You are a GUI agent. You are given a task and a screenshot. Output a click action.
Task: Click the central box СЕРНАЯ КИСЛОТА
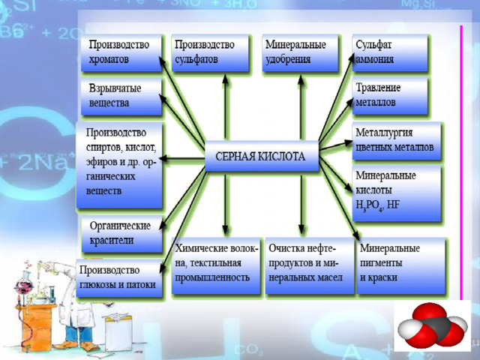tap(262, 156)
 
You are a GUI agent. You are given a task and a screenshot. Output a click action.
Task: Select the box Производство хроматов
tap(121, 52)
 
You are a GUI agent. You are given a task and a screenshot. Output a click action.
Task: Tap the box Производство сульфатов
tap(210, 52)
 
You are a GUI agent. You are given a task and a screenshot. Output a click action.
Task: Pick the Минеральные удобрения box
tap(300, 52)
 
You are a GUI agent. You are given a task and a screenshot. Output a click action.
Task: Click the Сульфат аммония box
tap(390, 52)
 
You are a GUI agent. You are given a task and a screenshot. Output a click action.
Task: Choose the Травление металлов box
tap(390, 95)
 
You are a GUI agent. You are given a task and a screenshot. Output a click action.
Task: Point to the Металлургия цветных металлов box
tap(397, 141)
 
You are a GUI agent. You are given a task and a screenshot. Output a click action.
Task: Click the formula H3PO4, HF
tap(377, 205)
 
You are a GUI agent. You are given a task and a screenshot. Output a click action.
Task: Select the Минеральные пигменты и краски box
tap(401, 265)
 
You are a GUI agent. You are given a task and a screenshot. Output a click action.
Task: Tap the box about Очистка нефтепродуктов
tap(310, 265)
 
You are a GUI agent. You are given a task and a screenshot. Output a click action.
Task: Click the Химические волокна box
tap(216, 265)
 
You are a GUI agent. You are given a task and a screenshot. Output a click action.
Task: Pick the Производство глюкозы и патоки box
tap(119, 278)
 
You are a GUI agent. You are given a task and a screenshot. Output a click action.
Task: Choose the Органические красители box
tap(121, 234)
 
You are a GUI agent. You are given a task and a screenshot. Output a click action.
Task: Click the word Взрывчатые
tap(115, 88)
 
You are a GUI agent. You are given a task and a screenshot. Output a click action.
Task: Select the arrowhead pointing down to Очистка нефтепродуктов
tap(301, 229)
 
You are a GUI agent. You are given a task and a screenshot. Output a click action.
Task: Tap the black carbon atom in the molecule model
tap(434, 328)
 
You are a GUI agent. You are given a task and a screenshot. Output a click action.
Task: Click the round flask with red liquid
tap(25, 286)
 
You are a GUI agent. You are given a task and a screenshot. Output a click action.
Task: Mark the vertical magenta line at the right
tap(461, 162)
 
